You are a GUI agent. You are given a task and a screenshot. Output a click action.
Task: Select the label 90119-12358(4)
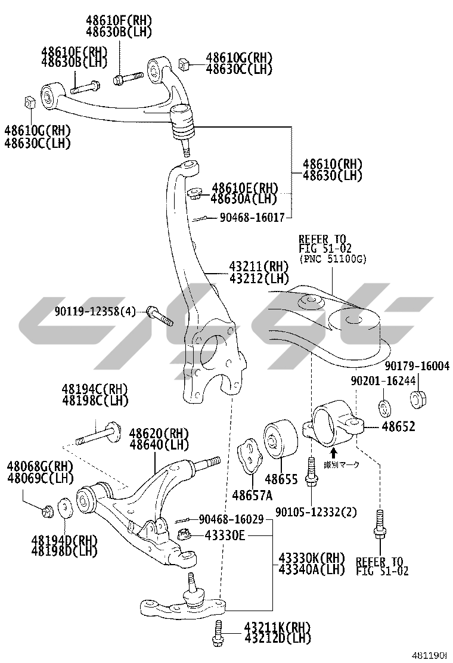click(x=95, y=311)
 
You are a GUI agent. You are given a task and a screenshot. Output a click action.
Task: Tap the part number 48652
click(x=398, y=427)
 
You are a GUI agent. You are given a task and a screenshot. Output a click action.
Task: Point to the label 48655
click(x=281, y=479)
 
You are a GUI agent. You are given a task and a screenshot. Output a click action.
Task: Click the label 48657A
click(x=252, y=495)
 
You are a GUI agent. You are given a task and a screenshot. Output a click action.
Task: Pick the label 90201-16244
click(x=383, y=380)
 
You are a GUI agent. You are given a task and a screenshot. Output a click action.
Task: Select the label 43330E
click(x=225, y=535)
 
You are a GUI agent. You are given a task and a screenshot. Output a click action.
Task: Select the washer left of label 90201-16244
click(x=384, y=409)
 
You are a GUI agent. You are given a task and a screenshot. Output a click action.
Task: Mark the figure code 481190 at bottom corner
click(x=431, y=655)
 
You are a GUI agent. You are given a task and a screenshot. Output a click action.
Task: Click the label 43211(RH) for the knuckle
click(x=258, y=266)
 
